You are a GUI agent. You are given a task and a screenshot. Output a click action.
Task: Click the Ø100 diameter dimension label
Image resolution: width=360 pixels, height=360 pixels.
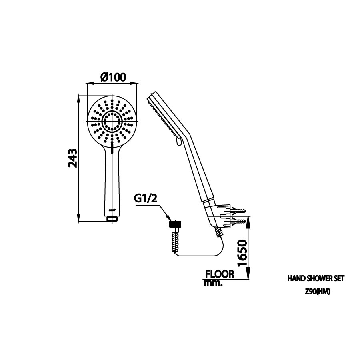113,76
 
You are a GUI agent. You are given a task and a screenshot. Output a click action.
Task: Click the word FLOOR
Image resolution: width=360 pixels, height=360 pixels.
219,274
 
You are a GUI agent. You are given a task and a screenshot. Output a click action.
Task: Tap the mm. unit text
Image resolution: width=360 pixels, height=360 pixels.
212,283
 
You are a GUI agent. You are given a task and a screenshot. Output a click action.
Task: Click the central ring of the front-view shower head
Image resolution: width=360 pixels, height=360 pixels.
112,121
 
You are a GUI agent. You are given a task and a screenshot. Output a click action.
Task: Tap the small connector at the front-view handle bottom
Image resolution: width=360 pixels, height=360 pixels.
112,218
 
